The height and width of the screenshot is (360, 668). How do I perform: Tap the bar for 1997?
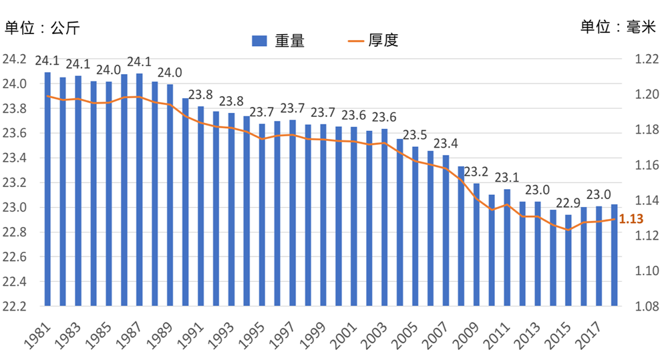293,213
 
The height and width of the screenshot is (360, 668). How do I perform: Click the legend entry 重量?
279,41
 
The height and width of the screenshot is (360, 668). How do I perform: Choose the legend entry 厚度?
373,41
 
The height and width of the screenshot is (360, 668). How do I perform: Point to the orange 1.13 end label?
632,219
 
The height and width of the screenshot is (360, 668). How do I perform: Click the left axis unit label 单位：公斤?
43,29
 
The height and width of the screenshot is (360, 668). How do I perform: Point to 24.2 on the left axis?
15,59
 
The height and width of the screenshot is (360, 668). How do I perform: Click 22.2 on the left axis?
15,307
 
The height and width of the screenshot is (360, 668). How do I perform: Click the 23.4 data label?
445,144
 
